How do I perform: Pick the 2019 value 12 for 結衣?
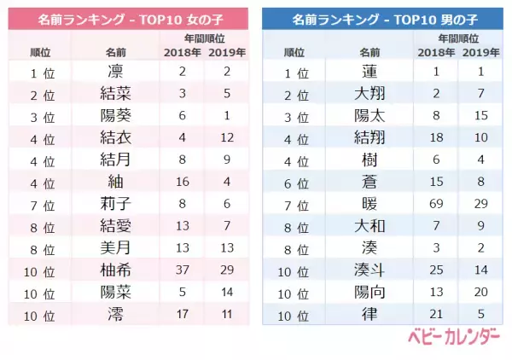(227, 136)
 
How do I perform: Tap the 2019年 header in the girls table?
(227, 52)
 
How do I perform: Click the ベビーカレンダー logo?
(458, 340)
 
